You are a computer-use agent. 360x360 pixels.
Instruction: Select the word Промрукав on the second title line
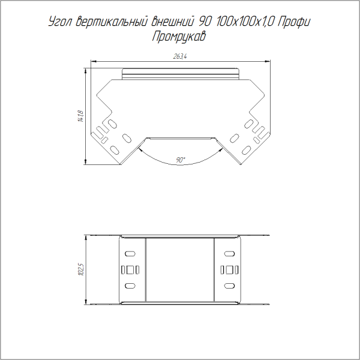coord(179,37)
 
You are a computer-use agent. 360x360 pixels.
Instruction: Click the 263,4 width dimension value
coord(180,56)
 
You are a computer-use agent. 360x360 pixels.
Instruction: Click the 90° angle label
coord(181,160)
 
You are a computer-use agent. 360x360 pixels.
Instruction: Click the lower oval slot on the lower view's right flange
coord(229,286)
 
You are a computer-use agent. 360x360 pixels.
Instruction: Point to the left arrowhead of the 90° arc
coord(139,151)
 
